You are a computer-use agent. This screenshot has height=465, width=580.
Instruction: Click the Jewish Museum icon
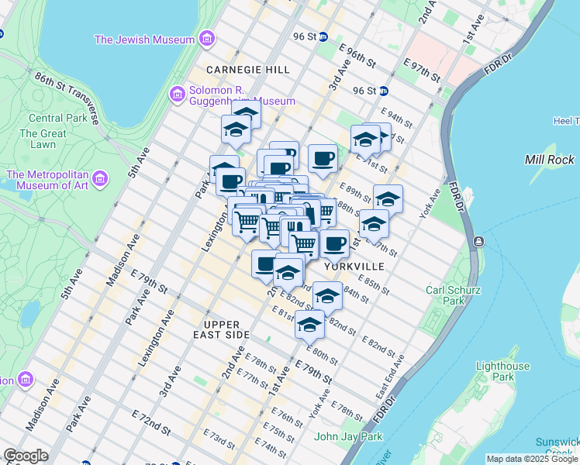point(206,39)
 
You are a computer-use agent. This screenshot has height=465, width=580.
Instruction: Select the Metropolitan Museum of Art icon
point(99,180)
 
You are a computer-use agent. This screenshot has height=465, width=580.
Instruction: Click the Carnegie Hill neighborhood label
point(248,70)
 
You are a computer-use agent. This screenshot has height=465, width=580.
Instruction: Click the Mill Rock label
point(550,160)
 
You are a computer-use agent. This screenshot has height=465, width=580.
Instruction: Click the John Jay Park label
point(348,436)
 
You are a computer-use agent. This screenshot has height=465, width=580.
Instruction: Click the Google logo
point(26,456)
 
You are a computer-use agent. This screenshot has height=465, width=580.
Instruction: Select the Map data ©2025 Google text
point(532,459)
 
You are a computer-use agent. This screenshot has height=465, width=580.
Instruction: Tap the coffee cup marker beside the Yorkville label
point(334,244)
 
